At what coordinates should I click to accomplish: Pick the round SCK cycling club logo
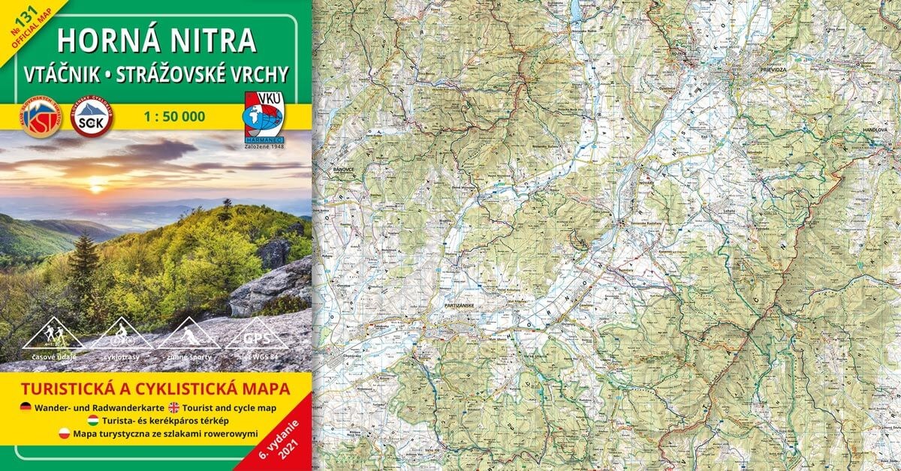click(x=91, y=118)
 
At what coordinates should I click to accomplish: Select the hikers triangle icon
click(x=53, y=334)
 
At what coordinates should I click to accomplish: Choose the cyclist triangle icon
click(x=121, y=334)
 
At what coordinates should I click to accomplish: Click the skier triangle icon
click(x=188, y=334)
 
